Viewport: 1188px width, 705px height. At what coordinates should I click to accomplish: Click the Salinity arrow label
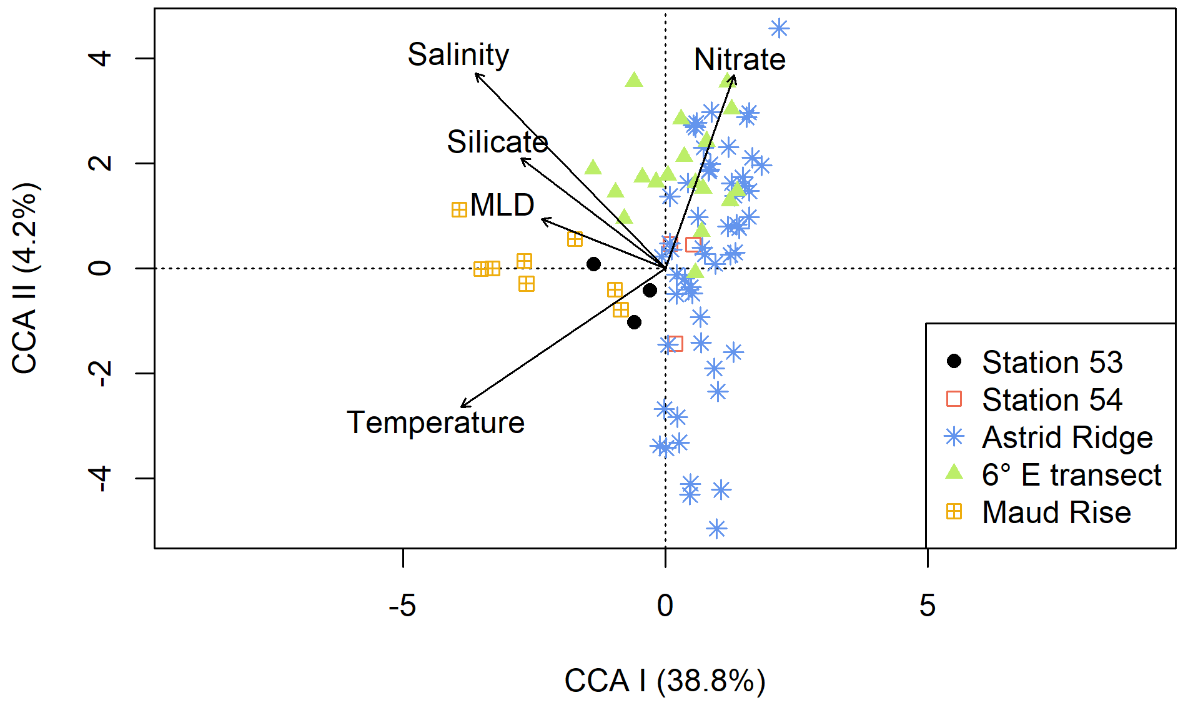click(458, 55)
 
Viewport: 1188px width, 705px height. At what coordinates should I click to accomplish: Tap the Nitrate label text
click(740, 60)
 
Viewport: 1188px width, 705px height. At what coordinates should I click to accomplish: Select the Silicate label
click(497, 142)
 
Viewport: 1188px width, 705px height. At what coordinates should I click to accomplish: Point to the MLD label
click(502, 205)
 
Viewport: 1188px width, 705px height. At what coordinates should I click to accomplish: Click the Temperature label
click(435, 422)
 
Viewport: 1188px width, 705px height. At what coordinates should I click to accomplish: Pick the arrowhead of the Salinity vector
click(476, 74)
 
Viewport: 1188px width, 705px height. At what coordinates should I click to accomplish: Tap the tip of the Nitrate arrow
click(734, 76)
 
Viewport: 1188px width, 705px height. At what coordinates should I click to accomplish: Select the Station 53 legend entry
click(1052, 362)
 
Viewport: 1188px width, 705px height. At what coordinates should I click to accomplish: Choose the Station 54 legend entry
click(1052, 400)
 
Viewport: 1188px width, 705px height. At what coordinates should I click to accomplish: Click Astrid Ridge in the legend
click(1067, 437)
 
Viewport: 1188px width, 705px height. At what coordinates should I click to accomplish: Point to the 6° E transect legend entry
click(1071, 475)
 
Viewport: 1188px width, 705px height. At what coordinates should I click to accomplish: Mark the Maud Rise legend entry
click(1056, 512)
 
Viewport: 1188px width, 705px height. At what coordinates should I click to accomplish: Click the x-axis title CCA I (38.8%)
click(665, 681)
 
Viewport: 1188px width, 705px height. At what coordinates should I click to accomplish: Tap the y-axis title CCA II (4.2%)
click(26, 278)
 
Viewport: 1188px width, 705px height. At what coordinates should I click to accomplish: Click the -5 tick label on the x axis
click(402, 606)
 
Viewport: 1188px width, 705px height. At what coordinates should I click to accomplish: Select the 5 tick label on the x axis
click(928, 606)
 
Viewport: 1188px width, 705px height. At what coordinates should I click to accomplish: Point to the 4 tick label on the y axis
click(101, 59)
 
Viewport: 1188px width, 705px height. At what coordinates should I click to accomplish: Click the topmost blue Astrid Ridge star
click(779, 28)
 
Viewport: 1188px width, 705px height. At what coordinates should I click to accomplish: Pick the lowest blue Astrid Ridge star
click(716, 529)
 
